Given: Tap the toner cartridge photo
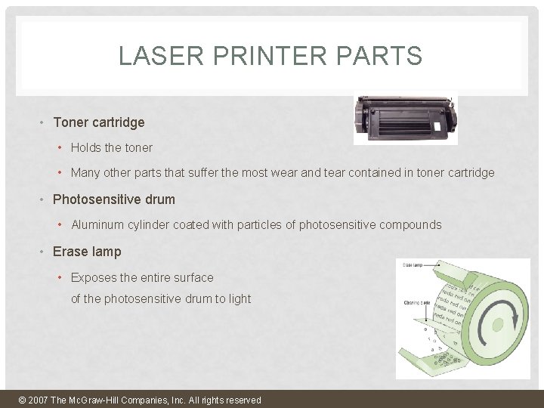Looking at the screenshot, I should coord(406,119).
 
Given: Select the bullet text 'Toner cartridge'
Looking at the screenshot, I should coord(98,122).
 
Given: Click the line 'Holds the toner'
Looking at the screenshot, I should coord(111,147).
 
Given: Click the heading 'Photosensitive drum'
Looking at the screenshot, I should coord(113,199).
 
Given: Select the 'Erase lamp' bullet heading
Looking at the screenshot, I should coord(86,252).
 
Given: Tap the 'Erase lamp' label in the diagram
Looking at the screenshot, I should coord(413,265).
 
